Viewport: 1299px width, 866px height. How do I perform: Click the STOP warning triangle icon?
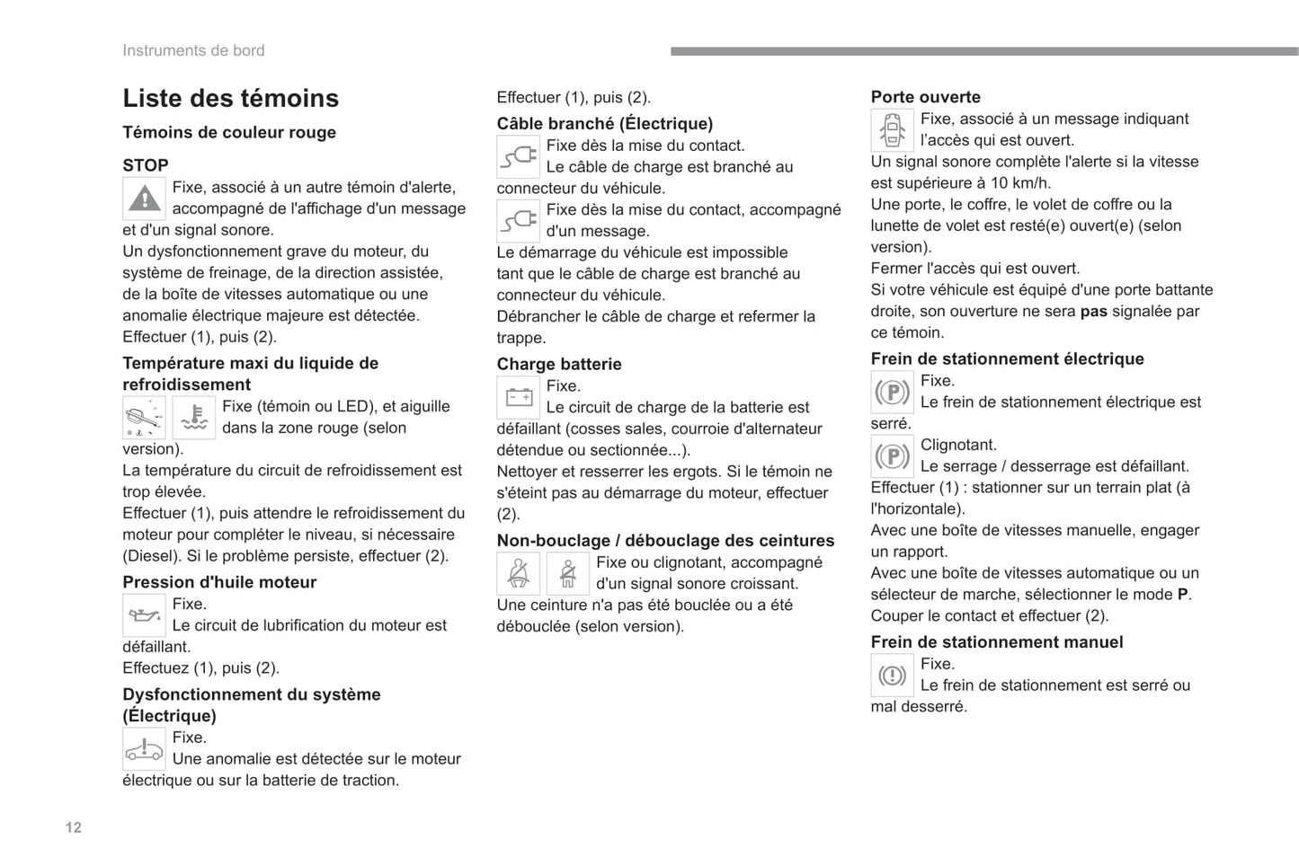144,199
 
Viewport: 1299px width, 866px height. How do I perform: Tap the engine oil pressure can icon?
144,615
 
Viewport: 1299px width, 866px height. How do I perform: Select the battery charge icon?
519,397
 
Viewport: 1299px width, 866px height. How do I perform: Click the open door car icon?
892,130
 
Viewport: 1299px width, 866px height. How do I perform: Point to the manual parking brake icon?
892,676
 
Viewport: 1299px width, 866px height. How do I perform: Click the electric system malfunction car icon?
144,749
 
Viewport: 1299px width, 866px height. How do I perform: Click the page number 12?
74,827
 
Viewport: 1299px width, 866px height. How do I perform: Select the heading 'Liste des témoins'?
230,98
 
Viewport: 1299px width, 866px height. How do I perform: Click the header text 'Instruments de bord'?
193,50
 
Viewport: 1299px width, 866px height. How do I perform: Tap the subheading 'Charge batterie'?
558,364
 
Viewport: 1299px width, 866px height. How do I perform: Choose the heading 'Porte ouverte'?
925,97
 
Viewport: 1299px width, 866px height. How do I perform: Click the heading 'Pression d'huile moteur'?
219,582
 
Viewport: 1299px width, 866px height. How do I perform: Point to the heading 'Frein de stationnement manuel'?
996,642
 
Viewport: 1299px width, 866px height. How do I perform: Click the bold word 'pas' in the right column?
1093,311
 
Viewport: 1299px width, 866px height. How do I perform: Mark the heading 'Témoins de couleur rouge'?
229,132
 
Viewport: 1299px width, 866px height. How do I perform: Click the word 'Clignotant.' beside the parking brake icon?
958,445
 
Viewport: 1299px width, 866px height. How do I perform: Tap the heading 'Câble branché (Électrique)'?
604,124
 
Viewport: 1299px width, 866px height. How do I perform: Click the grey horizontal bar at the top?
984,51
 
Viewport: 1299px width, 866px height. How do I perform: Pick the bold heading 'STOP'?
146,165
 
